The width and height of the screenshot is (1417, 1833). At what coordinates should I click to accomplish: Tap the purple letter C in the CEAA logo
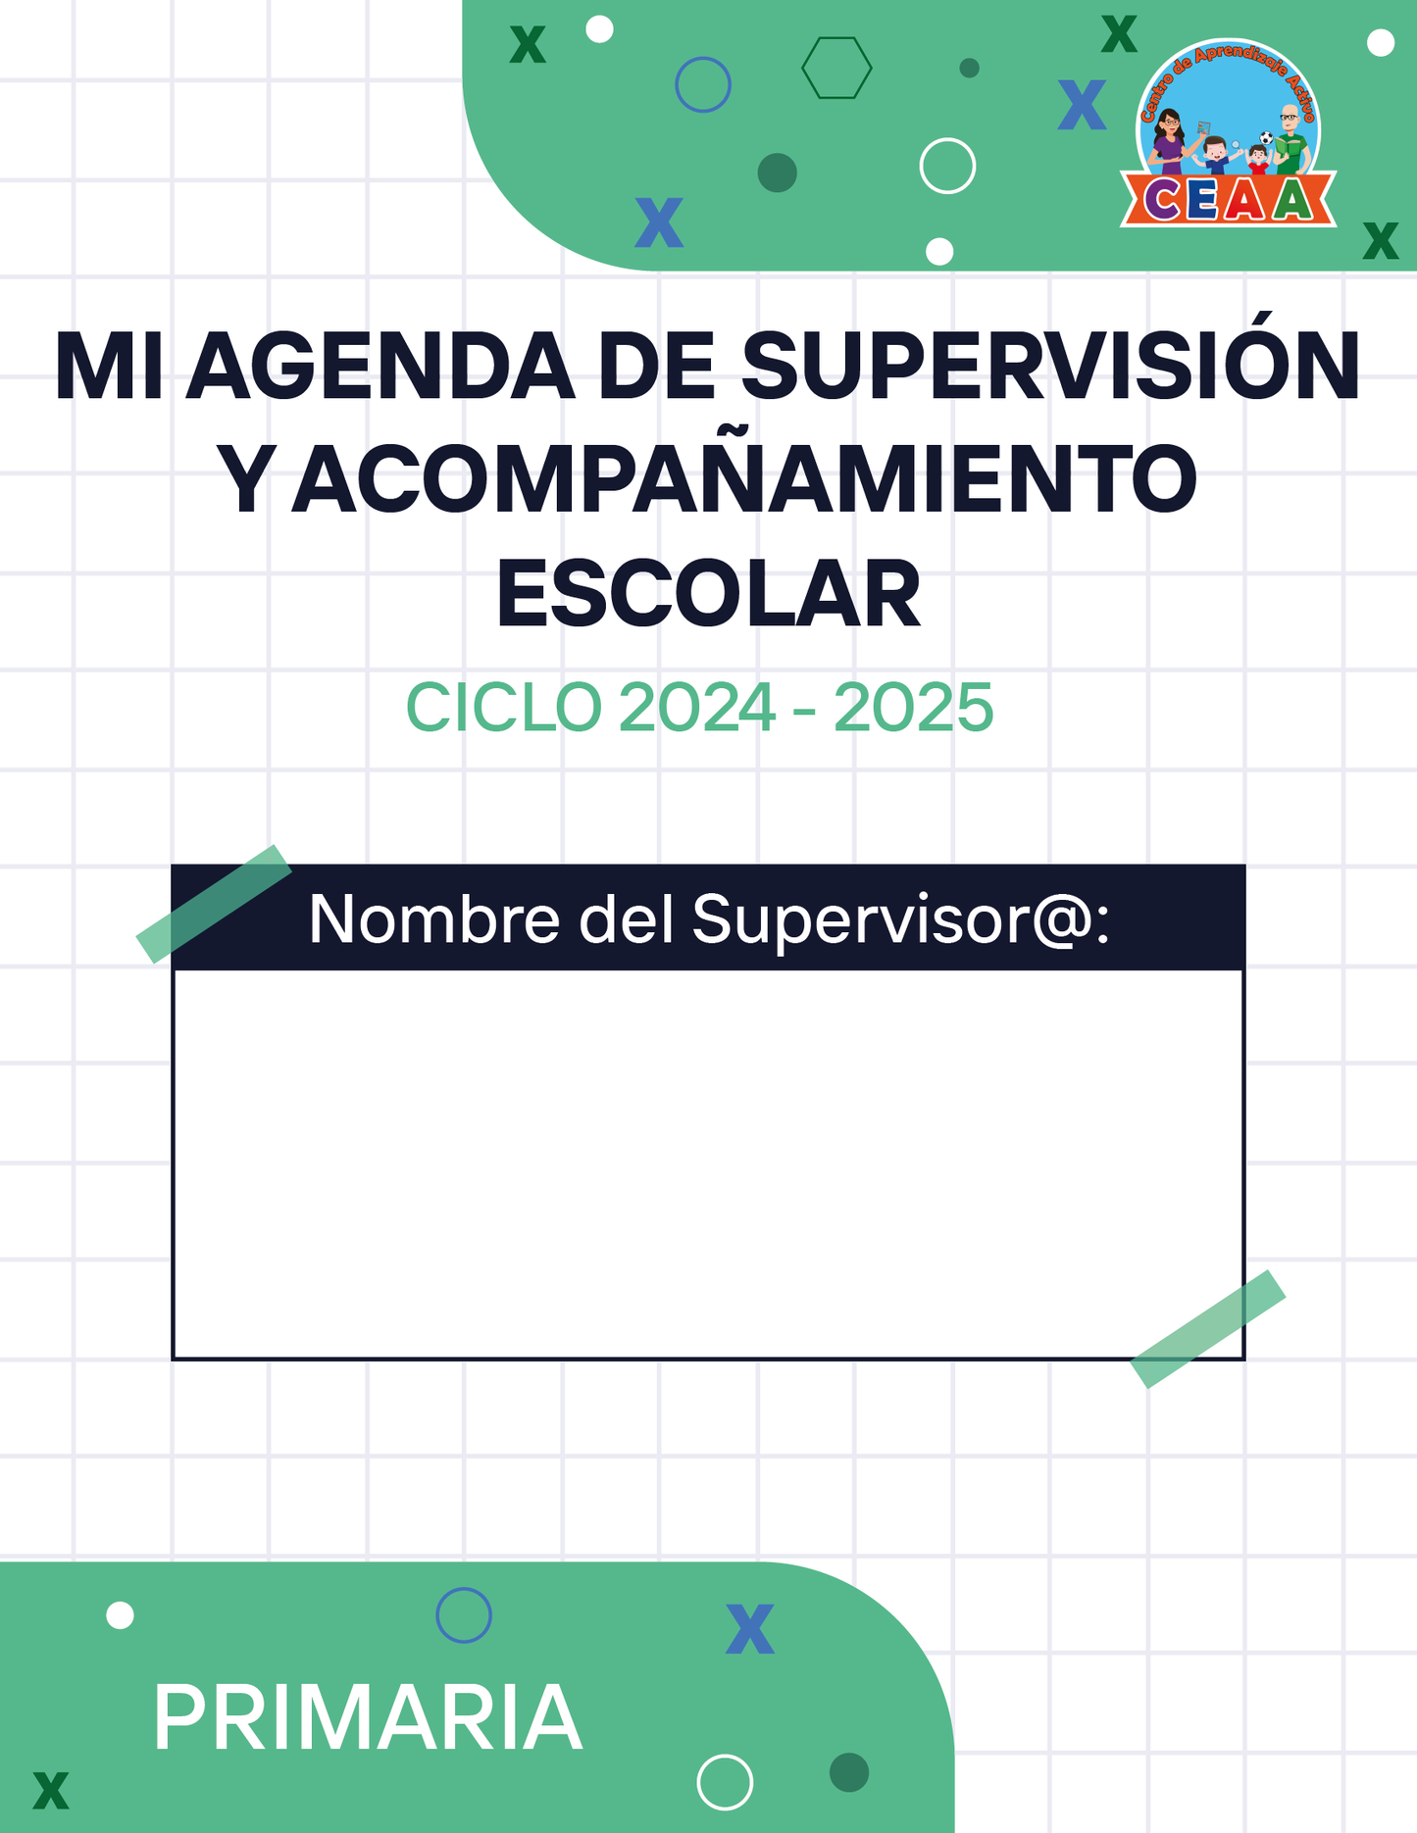point(1164,200)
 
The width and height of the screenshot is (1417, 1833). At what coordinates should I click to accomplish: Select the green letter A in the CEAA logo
point(1294,200)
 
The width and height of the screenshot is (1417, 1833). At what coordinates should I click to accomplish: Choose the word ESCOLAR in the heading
point(708,594)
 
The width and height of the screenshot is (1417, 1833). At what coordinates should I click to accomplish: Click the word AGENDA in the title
point(380,366)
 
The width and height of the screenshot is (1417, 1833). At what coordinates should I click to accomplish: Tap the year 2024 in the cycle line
point(697,707)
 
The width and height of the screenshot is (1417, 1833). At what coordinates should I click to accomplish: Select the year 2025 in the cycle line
point(914,707)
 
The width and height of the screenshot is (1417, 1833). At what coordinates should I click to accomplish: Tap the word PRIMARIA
point(368,1717)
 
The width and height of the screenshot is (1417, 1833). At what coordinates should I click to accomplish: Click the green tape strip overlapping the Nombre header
point(214,904)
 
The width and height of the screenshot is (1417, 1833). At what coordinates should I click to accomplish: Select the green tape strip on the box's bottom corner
point(1208,1329)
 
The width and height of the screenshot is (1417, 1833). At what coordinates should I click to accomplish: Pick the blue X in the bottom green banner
point(750,1629)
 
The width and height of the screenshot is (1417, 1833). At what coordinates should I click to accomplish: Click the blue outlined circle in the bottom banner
point(464,1588)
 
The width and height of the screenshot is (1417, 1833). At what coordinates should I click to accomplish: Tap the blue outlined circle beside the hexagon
point(703,57)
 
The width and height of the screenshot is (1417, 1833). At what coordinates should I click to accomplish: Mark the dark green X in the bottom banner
point(51,1790)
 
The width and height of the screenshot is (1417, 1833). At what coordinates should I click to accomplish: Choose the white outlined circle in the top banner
point(947,139)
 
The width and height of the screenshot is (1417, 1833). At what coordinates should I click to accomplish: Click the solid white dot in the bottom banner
point(120,1615)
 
